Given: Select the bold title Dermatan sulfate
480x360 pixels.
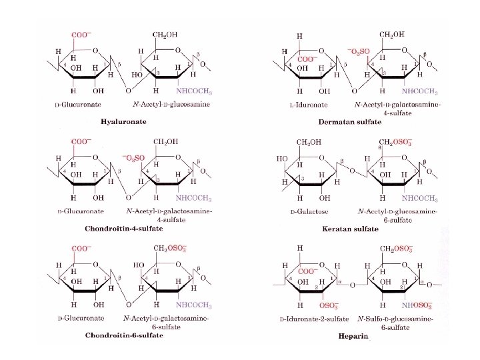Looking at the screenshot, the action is click(359, 122).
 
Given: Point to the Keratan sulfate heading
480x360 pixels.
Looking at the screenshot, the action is click(350, 228).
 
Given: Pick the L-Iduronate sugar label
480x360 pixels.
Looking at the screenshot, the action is click(305, 106).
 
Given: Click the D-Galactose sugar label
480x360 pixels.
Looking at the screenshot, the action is click(306, 212).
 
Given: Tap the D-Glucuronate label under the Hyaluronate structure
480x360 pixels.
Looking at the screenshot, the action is click(78, 105).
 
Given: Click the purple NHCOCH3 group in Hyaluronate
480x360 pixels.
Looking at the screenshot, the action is click(194, 91).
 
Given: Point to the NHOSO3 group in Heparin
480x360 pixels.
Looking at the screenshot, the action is click(421, 305).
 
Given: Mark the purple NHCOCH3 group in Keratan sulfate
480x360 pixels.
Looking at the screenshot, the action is click(419, 198).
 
